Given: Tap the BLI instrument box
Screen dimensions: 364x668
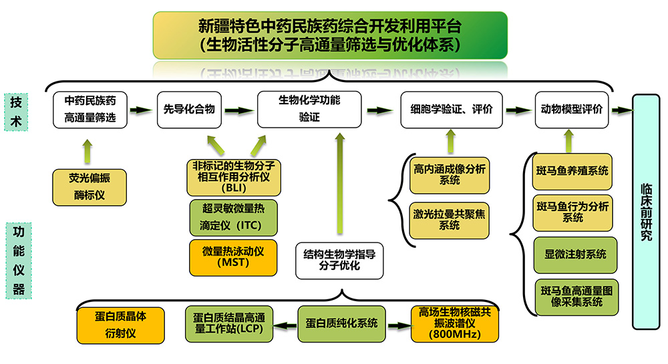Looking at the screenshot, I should [x=233, y=178].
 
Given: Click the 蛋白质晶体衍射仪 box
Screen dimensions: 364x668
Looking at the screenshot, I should [x=121, y=325].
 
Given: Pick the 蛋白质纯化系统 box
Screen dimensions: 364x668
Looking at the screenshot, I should [x=342, y=323].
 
